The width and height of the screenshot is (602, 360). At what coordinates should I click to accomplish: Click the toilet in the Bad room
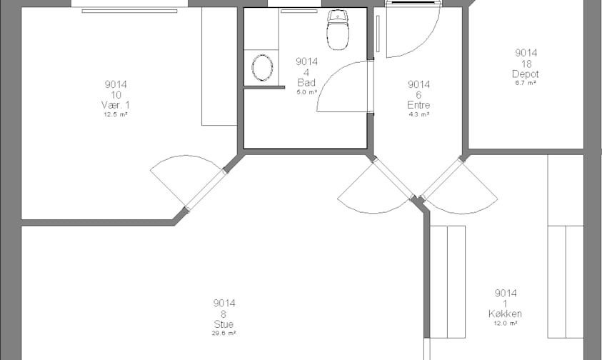(338, 30)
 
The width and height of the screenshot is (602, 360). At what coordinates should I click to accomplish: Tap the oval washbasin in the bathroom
(262, 68)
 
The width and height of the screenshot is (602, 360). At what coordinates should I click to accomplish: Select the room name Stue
(224, 324)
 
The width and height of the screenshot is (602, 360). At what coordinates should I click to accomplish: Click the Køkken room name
(506, 314)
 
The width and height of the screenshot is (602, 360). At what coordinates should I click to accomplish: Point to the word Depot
(526, 74)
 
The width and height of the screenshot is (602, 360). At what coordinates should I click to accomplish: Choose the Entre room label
(418, 105)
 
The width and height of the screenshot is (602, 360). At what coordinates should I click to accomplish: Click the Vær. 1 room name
(116, 105)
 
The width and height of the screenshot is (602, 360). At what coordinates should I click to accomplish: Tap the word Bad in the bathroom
(306, 82)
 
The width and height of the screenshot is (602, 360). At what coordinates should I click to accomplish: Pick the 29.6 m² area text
(224, 333)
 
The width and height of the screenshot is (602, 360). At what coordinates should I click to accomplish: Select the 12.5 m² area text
(116, 114)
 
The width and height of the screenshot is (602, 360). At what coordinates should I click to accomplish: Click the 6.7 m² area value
(526, 83)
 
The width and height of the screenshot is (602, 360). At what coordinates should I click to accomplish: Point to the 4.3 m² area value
(418, 114)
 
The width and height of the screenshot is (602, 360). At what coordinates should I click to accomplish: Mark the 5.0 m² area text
(306, 92)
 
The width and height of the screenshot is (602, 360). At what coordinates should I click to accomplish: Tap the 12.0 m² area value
(506, 323)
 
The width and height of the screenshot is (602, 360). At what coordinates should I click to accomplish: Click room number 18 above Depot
(526, 64)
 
